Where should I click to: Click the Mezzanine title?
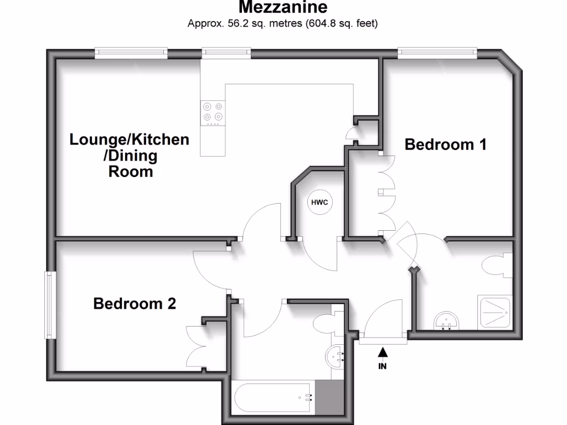(x=283, y=7)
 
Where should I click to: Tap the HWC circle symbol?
(x=319, y=203)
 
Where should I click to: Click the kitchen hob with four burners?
(x=213, y=112)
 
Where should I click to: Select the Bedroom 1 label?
(x=446, y=145)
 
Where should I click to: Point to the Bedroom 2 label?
(x=135, y=304)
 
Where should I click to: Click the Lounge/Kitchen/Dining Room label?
(x=130, y=156)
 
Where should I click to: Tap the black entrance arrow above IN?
(x=382, y=352)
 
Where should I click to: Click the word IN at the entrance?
(x=382, y=366)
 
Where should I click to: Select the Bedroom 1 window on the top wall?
(x=437, y=53)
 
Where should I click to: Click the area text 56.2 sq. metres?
(x=244, y=24)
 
